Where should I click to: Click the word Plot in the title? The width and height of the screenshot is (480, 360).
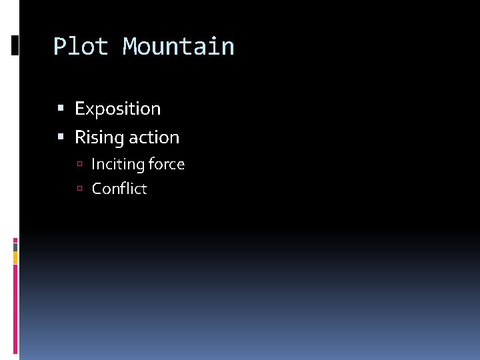pyautogui.click(x=80, y=47)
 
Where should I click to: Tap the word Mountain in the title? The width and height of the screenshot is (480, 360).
pyautogui.click(x=179, y=47)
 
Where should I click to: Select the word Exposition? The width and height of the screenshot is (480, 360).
pyautogui.click(x=117, y=109)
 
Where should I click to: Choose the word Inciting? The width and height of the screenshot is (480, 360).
pyautogui.click(x=118, y=165)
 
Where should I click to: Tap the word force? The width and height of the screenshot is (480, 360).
pyautogui.click(x=167, y=165)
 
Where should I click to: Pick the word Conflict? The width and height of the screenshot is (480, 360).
pyautogui.click(x=119, y=189)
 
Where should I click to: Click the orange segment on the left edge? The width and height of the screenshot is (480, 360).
pyautogui.click(x=15, y=257)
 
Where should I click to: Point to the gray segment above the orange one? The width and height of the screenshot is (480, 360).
pyautogui.click(x=15, y=246)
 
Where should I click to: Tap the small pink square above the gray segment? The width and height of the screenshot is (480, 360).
pyautogui.click(x=15, y=239)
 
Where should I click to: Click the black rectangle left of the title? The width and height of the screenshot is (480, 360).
pyautogui.click(x=15, y=45)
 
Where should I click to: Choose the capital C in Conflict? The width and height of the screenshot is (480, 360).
pyautogui.click(x=97, y=189)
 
